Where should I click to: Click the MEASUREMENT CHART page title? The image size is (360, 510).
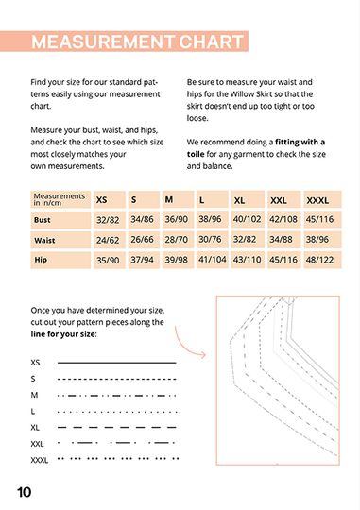(137, 42)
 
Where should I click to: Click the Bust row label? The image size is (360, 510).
(43, 220)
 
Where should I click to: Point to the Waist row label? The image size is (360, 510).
(44, 241)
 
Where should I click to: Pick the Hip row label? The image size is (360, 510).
(41, 260)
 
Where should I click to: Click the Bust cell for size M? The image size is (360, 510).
(177, 219)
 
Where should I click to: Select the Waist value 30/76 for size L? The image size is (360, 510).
(210, 240)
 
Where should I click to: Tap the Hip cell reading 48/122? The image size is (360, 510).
(319, 260)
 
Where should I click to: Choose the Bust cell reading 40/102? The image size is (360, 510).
(247, 219)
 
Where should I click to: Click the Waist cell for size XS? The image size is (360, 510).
(108, 241)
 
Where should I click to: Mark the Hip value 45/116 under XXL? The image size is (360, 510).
(283, 260)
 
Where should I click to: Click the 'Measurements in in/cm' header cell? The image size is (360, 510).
(60, 199)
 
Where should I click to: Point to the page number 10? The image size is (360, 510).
(24, 492)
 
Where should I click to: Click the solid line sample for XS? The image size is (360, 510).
(117, 363)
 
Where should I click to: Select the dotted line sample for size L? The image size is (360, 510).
(117, 412)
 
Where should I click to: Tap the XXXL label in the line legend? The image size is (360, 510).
(40, 460)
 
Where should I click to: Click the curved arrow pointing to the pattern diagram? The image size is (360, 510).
(184, 346)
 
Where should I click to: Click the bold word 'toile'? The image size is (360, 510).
(196, 154)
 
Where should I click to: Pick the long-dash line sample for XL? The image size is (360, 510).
(117, 428)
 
